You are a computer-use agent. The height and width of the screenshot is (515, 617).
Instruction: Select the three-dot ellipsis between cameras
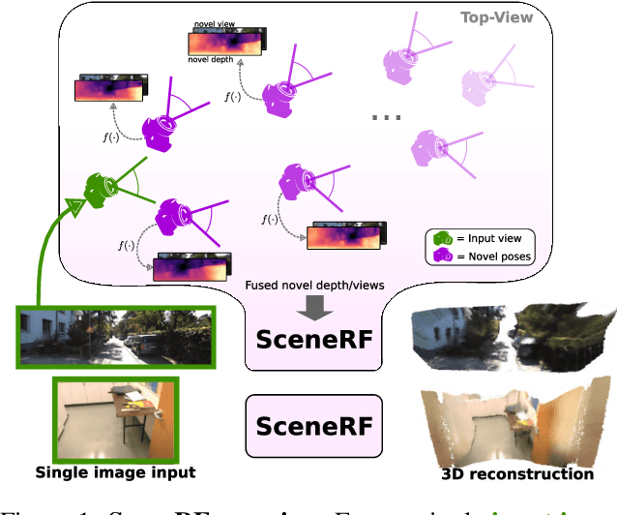[386, 116]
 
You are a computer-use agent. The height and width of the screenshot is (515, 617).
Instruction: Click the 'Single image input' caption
[115, 472]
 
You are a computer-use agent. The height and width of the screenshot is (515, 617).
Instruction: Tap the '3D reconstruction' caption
[517, 473]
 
